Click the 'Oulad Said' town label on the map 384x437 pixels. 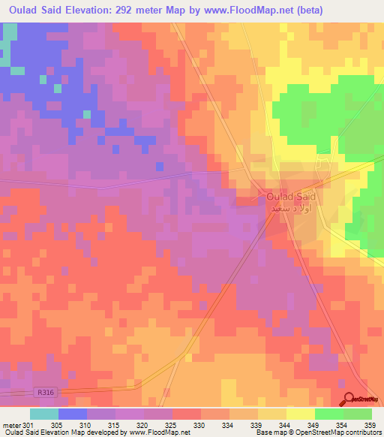[291, 197]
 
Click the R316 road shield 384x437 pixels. [46, 391]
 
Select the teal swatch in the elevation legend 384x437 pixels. [44, 414]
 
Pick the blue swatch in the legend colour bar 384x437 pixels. [73, 414]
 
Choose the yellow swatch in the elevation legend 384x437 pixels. [300, 414]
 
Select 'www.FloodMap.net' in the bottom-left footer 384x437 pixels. [158, 432]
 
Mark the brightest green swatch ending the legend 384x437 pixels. [358, 414]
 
